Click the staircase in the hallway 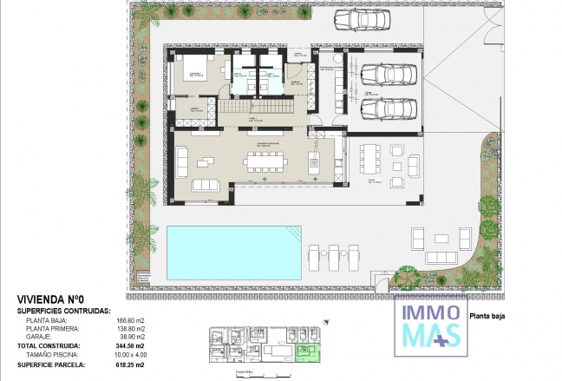click(232, 107)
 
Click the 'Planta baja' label click(488, 316)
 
